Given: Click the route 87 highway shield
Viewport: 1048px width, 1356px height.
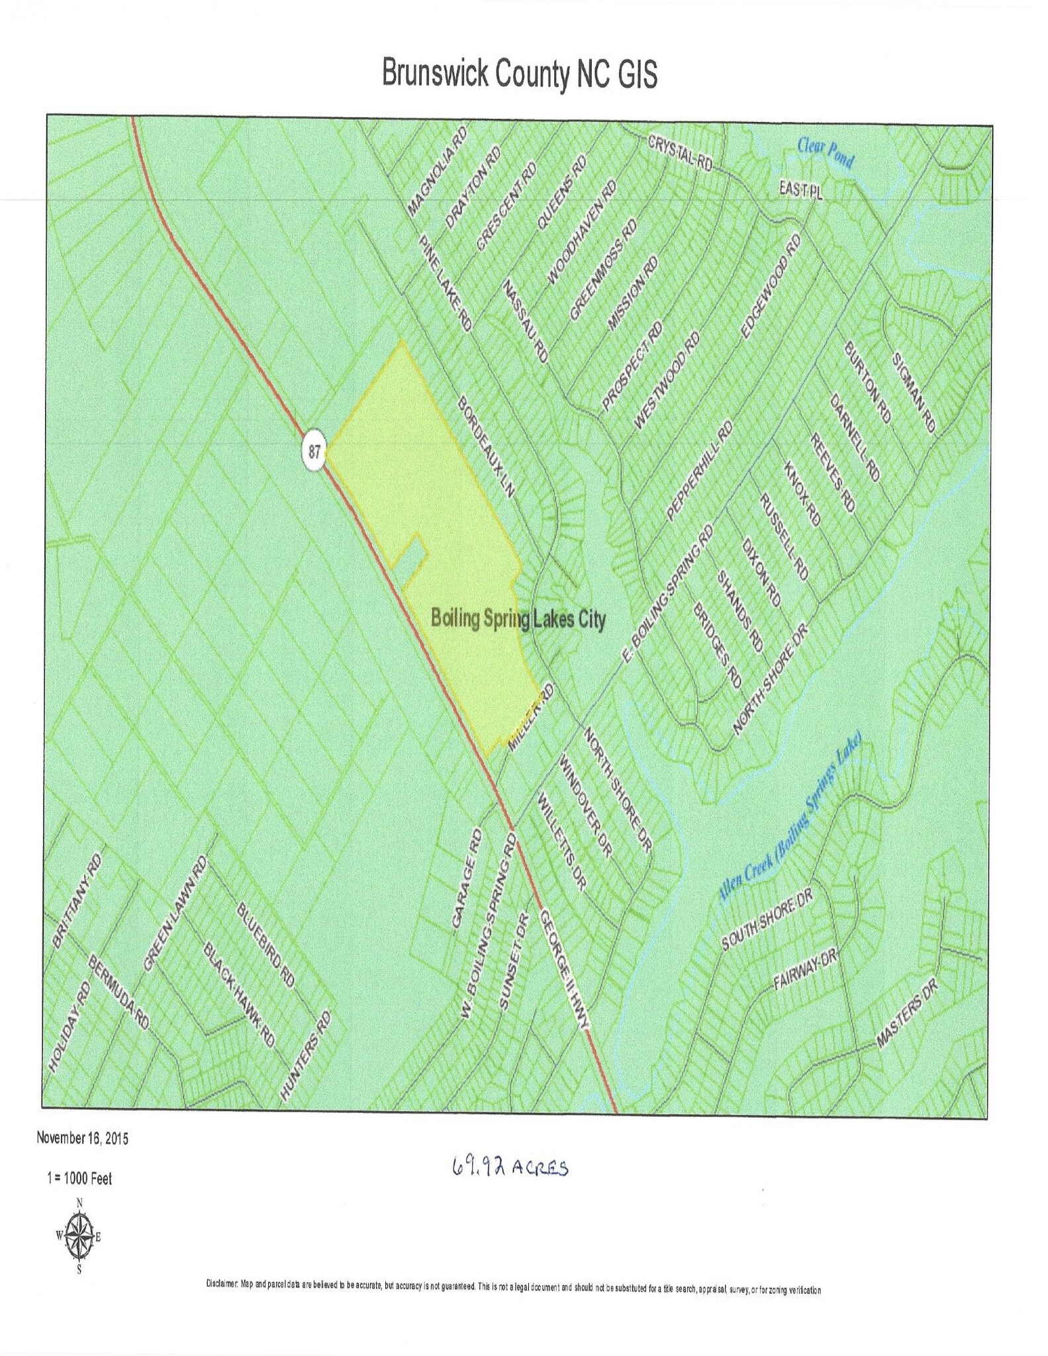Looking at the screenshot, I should coord(314,453).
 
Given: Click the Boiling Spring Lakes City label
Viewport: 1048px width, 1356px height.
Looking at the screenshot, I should coord(518,620).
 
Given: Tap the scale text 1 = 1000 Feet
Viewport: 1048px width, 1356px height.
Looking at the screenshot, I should coord(79,1179).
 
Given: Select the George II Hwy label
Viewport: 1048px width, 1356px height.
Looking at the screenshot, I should coord(563,969).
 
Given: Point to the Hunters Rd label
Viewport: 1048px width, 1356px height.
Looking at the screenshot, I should coord(305,1055).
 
